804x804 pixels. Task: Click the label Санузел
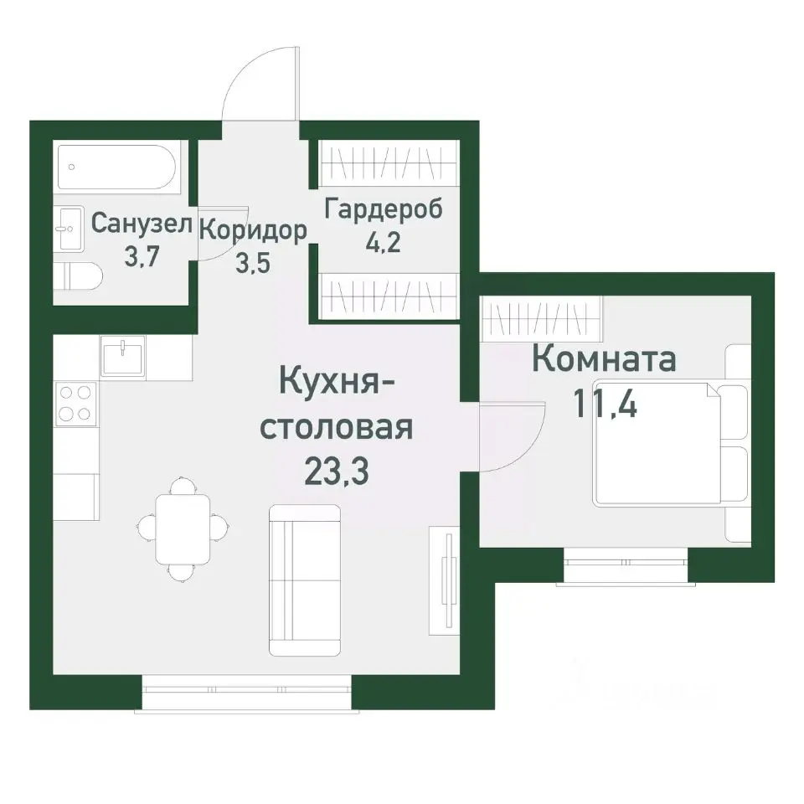pos(142,224)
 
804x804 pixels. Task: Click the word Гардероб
pos(384,209)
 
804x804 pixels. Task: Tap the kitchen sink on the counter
pos(124,355)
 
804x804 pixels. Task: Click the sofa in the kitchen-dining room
pos(305,580)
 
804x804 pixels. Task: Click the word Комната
pos(604,360)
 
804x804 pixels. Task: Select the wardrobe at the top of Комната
pos(544,319)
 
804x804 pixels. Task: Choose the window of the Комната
pos(624,556)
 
